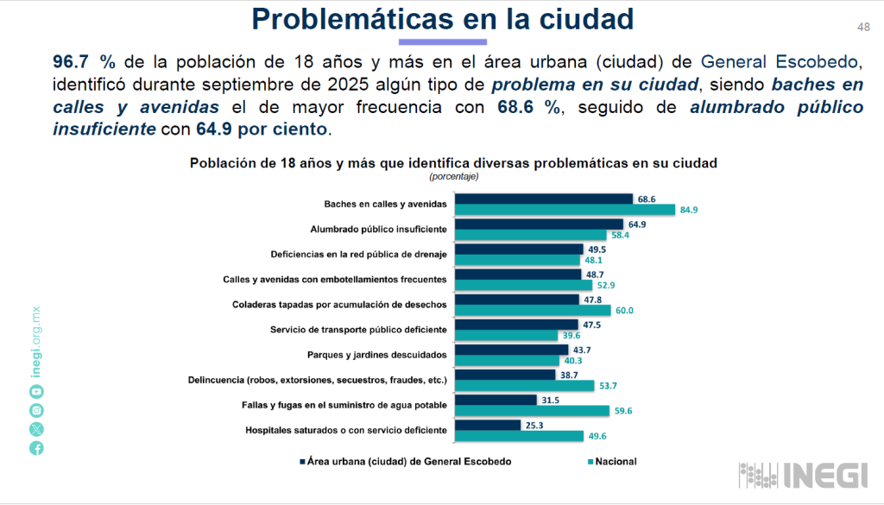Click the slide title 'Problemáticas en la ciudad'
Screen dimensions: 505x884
[442, 18]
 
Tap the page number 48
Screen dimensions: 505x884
[863, 27]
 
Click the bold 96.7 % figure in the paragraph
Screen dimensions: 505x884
[85, 61]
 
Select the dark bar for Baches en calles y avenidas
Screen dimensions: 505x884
[544, 199]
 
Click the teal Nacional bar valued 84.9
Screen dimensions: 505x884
[565, 210]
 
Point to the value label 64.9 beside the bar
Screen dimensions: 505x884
[638, 224]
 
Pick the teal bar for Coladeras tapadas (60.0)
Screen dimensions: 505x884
[533, 310]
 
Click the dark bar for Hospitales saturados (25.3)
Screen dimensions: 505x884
[488, 425]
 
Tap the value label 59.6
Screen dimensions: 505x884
[624, 411]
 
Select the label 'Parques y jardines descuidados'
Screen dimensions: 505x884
[377, 355]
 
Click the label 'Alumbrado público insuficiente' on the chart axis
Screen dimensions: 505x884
[378, 230]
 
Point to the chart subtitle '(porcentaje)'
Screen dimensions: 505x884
[453, 176]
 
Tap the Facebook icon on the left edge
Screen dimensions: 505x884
[36, 448]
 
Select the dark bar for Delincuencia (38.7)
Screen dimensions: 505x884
[505, 375]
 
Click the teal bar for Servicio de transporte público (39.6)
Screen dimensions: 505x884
[506, 335]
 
